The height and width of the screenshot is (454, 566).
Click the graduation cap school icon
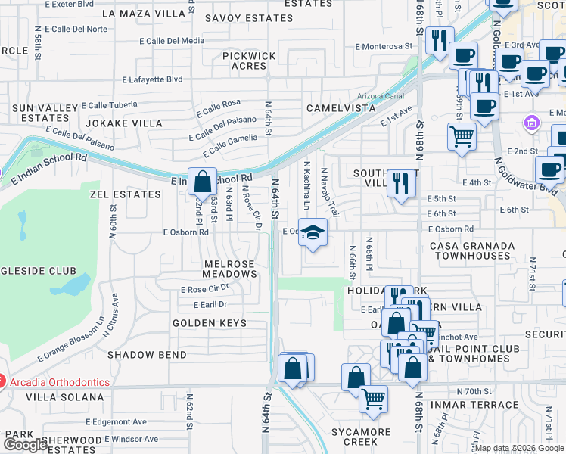pyautogui.click(x=313, y=232)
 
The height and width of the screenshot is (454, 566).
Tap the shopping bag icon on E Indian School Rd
pyautogui.click(x=202, y=182)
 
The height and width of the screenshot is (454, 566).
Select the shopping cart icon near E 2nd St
pyautogui.click(x=462, y=137)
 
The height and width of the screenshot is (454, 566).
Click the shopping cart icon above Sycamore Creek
pyautogui.click(x=373, y=399)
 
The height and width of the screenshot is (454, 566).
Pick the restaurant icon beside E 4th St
pyautogui.click(x=401, y=182)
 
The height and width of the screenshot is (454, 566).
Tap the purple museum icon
pyautogui.click(x=530, y=123)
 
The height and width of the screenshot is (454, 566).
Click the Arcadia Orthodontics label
pyautogui.click(x=59, y=381)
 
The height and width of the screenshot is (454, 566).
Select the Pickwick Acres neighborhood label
pyautogui.click(x=250, y=61)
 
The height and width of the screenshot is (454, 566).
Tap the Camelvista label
pyautogui.click(x=341, y=108)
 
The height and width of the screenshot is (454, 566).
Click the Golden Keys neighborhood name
pyautogui.click(x=210, y=323)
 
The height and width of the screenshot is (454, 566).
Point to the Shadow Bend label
pyautogui.click(x=147, y=354)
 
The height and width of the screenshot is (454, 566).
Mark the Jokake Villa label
pyautogui.click(x=123, y=123)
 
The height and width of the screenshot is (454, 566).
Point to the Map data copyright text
pyautogui.click(x=518, y=448)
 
